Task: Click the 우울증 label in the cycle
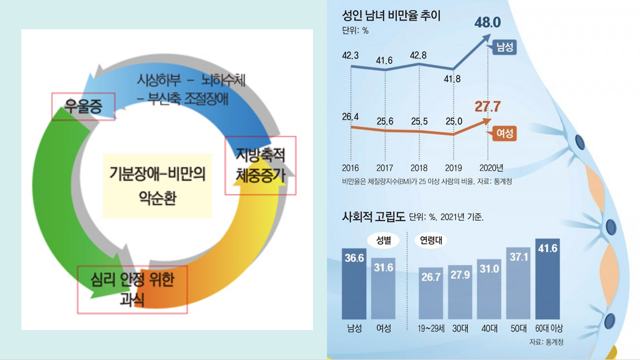pos(83,106)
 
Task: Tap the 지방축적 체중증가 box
pos(260,165)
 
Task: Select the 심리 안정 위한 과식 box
pos(132,289)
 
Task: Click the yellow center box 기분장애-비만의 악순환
pos(157,185)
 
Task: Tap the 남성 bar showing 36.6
pos(354,283)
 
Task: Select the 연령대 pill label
pos(430,240)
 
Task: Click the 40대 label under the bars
pos(489,328)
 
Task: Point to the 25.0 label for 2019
pos(453,121)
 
